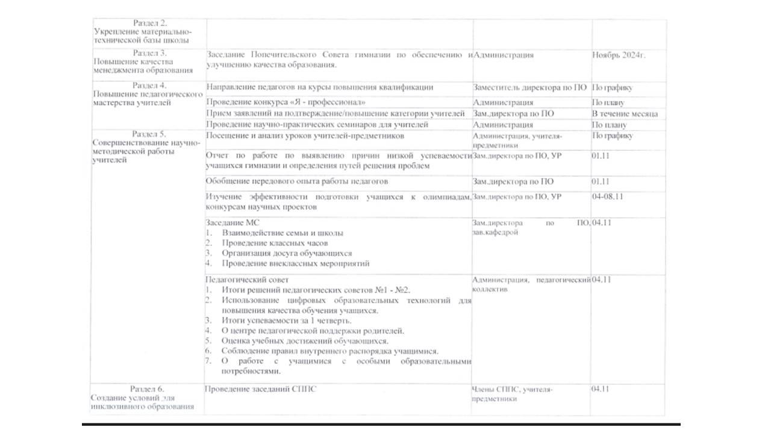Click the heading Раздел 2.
click(143, 22)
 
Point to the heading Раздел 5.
click(145, 134)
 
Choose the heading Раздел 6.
click(147, 388)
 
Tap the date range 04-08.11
click(607, 196)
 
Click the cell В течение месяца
click(625, 113)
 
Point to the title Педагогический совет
click(247, 280)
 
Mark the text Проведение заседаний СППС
click(260, 389)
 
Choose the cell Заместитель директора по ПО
click(529, 87)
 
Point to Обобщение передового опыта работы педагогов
click(296, 180)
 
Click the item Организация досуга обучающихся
click(287, 253)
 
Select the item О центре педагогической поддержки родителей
click(313, 331)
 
